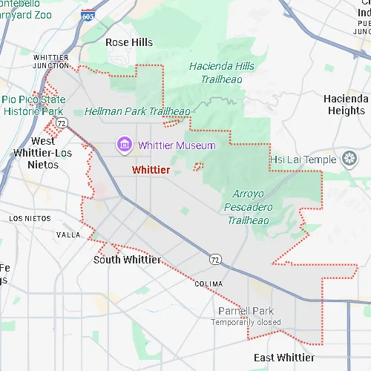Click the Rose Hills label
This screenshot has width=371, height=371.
pyautogui.click(x=129, y=42)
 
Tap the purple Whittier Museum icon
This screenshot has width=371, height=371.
pyautogui.click(x=124, y=144)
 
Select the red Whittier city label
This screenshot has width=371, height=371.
pyautogui.click(x=151, y=170)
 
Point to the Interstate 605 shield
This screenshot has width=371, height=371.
pyautogui.click(x=88, y=15)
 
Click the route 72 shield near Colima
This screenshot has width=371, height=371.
pyautogui.click(x=214, y=259)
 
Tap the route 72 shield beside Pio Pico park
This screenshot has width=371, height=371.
pyautogui.click(x=61, y=122)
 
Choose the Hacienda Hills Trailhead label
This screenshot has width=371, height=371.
pyautogui.click(x=221, y=72)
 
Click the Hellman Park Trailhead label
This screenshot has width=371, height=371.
pyautogui.click(x=137, y=111)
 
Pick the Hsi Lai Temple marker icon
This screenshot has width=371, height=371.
pyautogui.click(x=349, y=159)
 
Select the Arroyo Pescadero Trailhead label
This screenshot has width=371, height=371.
pyautogui.click(x=249, y=206)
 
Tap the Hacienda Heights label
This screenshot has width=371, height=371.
pyautogui.click(x=347, y=105)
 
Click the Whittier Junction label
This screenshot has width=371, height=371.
pyautogui.click(x=51, y=62)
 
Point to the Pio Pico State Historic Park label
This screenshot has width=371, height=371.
pyautogui.click(x=33, y=105)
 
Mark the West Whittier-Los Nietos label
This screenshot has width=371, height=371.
pyautogui.click(x=43, y=153)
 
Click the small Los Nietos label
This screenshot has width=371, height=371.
pyautogui.click(x=30, y=219)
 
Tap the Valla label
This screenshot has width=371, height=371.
pyautogui.click(x=68, y=234)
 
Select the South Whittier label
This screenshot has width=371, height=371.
pyautogui.click(x=127, y=260)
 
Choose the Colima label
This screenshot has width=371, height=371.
pyautogui.click(x=209, y=284)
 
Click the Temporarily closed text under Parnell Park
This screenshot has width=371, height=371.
pyautogui.click(x=246, y=322)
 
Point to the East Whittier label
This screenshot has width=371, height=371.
pyautogui.click(x=283, y=358)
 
